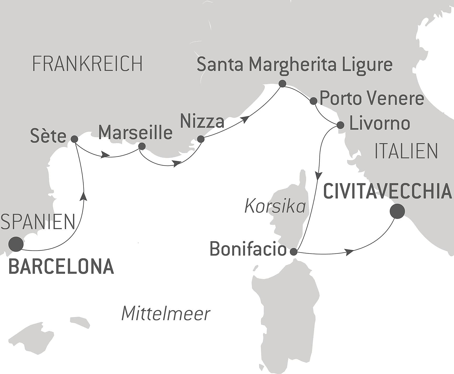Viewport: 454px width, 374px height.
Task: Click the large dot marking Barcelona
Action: (16, 244)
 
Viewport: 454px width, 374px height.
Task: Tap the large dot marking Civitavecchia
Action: (397, 211)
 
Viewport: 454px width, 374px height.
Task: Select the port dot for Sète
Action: (74, 139)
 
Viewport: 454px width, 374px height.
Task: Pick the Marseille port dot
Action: (142, 146)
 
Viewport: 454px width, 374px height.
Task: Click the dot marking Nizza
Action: (201, 139)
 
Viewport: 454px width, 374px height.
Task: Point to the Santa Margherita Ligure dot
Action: (282, 84)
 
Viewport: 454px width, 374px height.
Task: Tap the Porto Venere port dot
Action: (313, 101)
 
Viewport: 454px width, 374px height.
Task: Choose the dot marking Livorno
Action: (340, 125)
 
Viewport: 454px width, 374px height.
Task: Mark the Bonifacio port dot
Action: (293, 252)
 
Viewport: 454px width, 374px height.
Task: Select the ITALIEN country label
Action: (406, 151)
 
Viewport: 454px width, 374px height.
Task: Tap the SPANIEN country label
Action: (38, 222)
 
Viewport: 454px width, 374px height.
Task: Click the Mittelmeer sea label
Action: (166, 314)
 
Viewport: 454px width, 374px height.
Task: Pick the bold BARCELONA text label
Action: (61, 267)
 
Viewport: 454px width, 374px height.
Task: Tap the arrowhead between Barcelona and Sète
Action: (84, 196)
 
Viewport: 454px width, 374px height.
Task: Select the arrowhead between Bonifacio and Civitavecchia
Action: (349, 252)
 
